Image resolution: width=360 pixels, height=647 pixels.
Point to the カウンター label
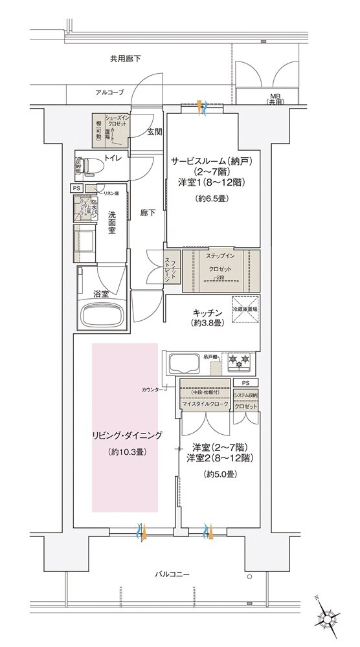point(153,389)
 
